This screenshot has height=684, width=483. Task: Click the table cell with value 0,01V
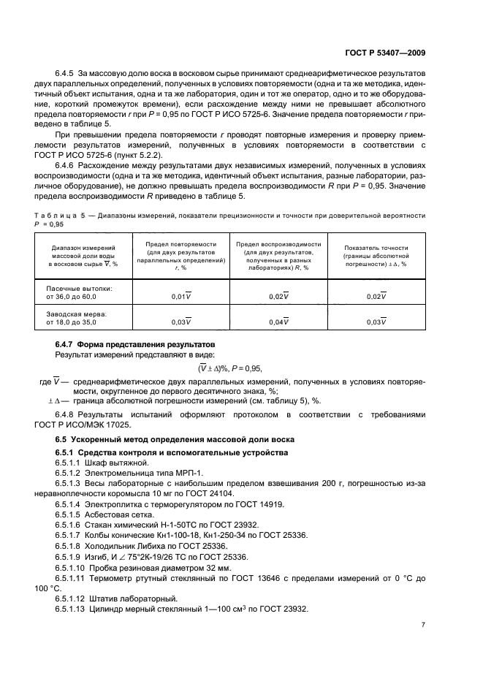point(180,296)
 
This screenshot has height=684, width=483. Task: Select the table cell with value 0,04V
point(278,322)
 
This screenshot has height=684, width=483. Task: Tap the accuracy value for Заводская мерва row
point(375,322)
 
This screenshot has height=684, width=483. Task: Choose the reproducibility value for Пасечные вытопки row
point(278,296)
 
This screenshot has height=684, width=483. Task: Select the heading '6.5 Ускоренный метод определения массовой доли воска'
point(175,439)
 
